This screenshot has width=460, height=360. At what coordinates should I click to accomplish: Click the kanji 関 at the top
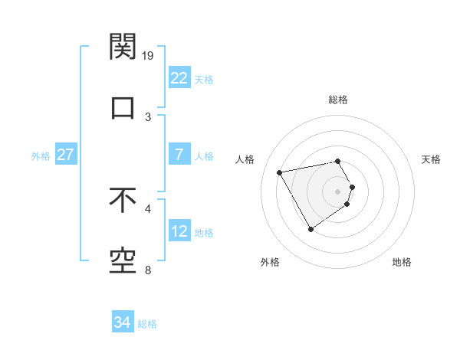pyautogui.click(x=123, y=47)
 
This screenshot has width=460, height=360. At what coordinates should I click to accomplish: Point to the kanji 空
pyautogui.click(x=123, y=260)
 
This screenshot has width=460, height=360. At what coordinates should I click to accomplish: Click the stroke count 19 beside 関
pyautogui.click(x=149, y=56)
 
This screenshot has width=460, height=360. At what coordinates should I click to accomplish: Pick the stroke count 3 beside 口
pyautogui.click(x=149, y=116)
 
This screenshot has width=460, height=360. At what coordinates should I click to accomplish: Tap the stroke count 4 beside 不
pyautogui.click(x=149, y=208)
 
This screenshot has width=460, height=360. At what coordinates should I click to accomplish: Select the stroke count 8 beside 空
pyautogui.click(x=149, y=270)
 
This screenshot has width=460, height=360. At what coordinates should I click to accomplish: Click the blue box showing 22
pyautogui.click(x=179, y=77)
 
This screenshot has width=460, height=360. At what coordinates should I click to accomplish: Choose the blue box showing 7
pyautogui.click(x=179, y=155)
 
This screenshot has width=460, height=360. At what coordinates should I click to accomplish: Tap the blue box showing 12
pyautogui.click(x=179, y=231)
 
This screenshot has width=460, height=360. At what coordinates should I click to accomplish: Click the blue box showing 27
pyautogui.click(x=65, y=155)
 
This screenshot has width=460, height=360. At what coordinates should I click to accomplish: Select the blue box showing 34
pyautogui.click(x=122, y=322)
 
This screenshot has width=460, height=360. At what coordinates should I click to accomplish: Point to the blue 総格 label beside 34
pyautogui.click(x=147, y=324)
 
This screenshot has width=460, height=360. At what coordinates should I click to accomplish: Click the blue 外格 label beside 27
pyautogui.click(x=41, y=156)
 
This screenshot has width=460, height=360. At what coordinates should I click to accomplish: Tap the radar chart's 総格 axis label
pyautogui.click(x=338, y=100)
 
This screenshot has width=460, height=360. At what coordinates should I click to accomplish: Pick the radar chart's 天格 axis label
pyautogui.click(x=431, y=159)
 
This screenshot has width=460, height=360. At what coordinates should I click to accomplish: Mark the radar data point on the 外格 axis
pyautogui.click(x=310, y=229)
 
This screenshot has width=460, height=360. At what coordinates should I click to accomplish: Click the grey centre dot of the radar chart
pyautogui.click(x=338, y=191)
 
